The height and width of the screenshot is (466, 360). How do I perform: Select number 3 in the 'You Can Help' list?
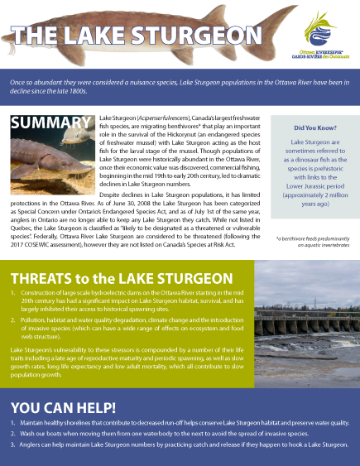click(x=13, y=444)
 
